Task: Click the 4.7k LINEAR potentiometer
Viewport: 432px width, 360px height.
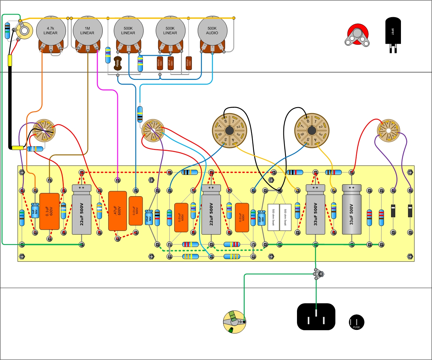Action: pos(51,31)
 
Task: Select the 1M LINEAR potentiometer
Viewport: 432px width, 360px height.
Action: pos(87,31)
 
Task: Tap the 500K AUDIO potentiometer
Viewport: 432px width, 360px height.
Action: pos(212,31)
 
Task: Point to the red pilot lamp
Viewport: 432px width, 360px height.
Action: pos(358,34)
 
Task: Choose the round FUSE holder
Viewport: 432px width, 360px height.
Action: pos(356,322)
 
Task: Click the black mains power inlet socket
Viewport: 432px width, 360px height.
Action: pos(316,317)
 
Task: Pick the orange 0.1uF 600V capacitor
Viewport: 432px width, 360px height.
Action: pos(49,211)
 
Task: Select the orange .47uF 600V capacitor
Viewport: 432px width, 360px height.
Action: pos(117,211)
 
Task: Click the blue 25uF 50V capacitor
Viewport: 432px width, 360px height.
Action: pos(149,217)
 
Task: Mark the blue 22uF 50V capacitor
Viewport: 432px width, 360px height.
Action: pos(261,217)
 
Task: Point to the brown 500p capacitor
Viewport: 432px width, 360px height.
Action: pos(118,64)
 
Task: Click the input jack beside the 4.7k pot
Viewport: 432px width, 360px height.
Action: pos(24,31)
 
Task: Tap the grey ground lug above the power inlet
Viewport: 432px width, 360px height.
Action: pos(318,274)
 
